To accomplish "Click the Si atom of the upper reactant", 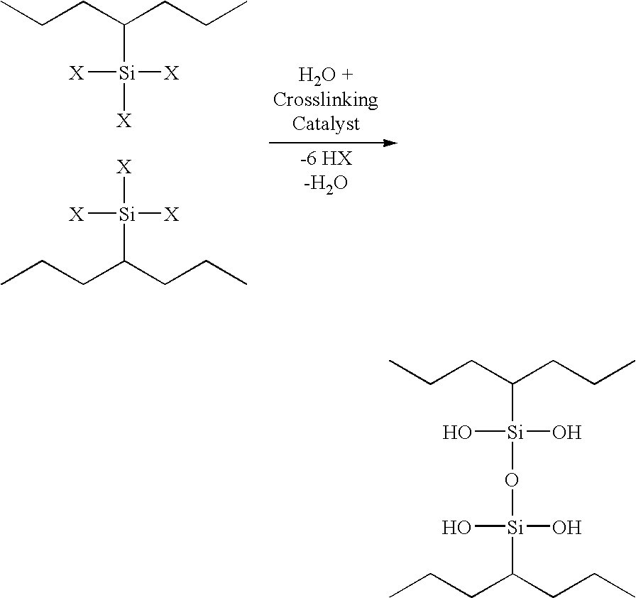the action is tap(126, 73).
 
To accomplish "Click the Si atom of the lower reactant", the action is tap(126, 214).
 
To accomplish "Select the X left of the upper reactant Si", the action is tap(76, 73).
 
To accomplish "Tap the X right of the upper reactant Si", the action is tap(171, 73).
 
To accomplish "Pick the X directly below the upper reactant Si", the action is tap(124, 121).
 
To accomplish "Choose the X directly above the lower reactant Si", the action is tap(124, 167).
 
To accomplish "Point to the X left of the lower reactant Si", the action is tap(76, 214).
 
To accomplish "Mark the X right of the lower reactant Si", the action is tap(171, 214).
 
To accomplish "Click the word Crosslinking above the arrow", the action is tap(325, 100).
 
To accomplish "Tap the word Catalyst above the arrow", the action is tap(326, 124).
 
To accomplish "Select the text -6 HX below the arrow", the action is tap(326, 158).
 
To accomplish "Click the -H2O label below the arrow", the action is tap(326, 184).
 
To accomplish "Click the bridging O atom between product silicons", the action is tap(512, 480).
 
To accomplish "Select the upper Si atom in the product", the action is tap(515, 433).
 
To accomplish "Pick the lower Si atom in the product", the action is tap(515, 528).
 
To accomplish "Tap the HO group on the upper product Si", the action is tap(457, 433).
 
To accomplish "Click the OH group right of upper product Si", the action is tap(567, 433).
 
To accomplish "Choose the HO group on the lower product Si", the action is tap(457, 528).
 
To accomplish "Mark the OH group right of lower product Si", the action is tap(567, 528).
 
